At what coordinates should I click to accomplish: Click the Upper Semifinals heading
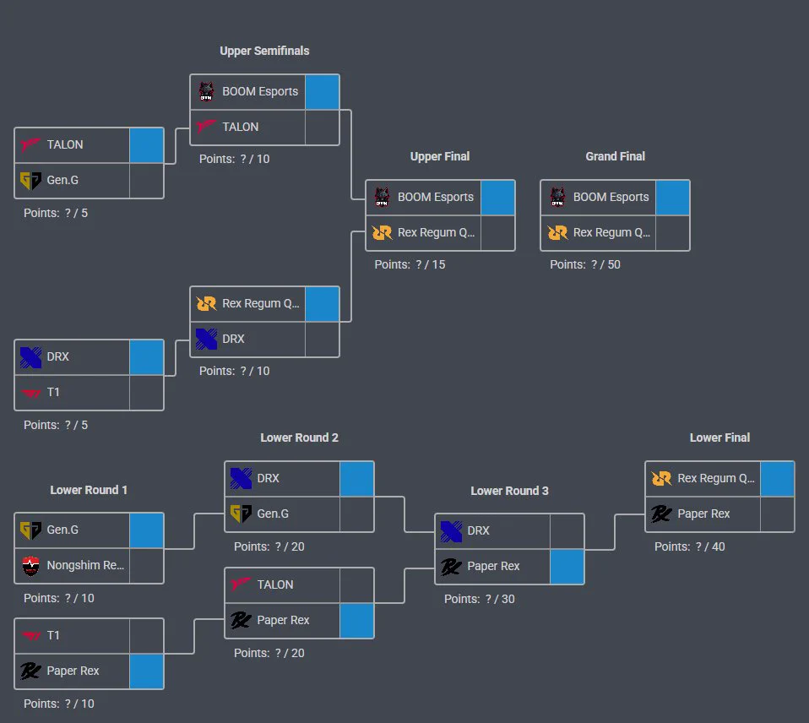click(264, 51)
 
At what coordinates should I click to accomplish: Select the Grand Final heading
click(615, 156)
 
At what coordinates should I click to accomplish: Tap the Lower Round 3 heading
click(509, 491)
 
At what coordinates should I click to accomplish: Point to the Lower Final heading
click(719, 438)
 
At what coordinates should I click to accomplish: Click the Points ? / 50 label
click(585, 264)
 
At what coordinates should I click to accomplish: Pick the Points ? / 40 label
click(690, 546)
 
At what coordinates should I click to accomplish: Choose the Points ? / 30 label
click(480, 599)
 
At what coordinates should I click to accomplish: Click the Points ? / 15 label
click(410, 264)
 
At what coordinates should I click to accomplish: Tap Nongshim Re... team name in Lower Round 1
click(85, 565)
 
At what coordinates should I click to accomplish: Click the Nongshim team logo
click(31, 566)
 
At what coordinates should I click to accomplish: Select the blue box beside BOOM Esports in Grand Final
click(672, 198)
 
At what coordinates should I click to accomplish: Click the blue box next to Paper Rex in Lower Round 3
click(567, 567)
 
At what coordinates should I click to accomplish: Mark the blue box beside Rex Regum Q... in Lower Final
click(778, 479)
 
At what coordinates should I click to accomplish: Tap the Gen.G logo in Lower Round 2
click(241, 514)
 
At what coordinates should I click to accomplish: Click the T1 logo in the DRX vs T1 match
click(31, 394)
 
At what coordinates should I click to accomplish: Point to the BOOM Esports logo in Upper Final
click(382, 197)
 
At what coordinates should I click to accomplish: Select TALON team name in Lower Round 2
click(275, 584)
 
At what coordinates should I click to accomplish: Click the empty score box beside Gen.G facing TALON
click(147, 181)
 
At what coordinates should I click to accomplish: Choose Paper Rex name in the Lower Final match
click(703, 514)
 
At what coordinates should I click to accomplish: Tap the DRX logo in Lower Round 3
click(452, 531)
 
